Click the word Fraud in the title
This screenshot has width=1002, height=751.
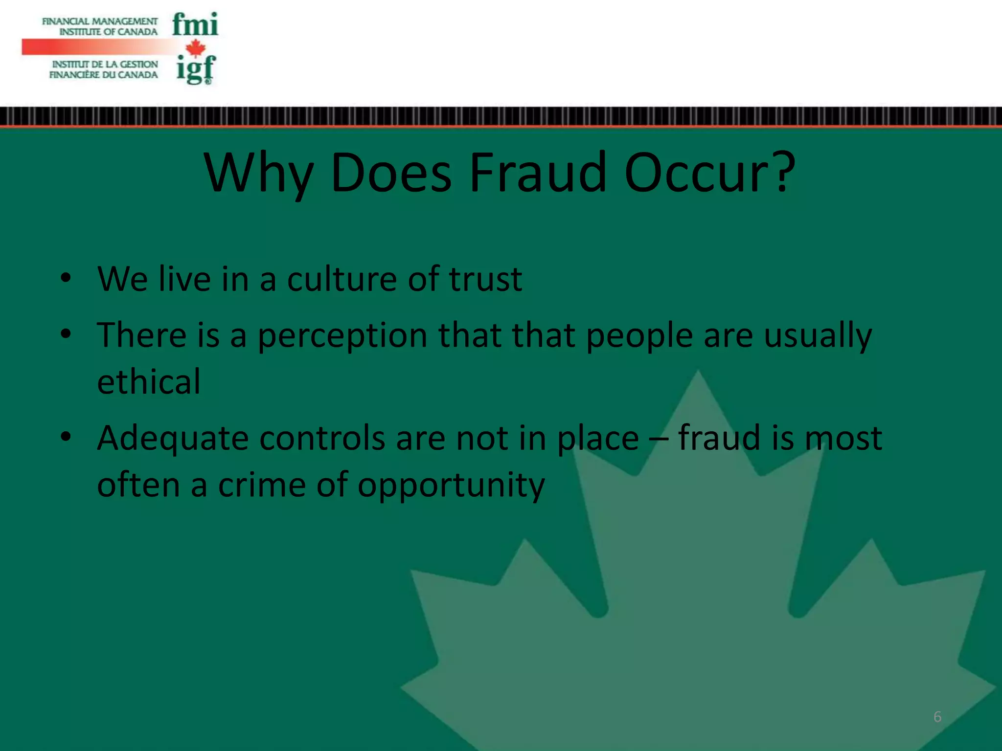tap(538, 173)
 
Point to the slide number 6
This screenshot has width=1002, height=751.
tap(937, 717)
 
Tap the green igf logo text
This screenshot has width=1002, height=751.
tap(196, 69)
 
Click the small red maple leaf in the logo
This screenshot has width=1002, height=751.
tap(196, 48)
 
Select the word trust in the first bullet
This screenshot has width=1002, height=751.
tap(485, 279)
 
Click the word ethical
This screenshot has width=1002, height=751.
tap(149, 381)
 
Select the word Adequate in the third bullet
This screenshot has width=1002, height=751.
tap(173, 439)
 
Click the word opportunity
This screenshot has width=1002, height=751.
tap(451, 486)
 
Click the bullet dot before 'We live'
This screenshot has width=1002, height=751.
tap(66, 278)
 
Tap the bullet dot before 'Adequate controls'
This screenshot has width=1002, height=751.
tap(66, 436)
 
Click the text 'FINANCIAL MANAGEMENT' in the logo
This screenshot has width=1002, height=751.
tap(100, 22)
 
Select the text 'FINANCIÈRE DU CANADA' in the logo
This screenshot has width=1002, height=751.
tap(104, 75)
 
